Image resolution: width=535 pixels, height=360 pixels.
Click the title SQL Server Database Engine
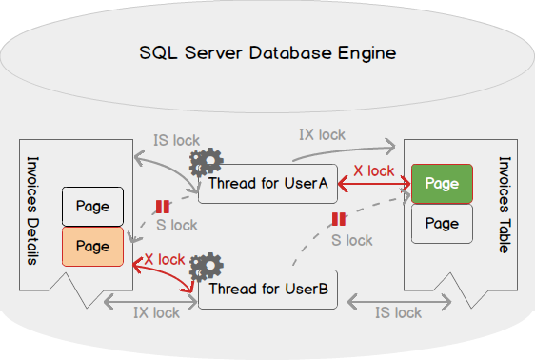267,53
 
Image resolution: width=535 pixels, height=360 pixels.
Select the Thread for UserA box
267,184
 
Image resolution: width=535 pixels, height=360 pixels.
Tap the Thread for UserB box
267,290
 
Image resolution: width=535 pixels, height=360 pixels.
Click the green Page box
442,184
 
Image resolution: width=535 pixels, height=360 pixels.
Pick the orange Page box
92,247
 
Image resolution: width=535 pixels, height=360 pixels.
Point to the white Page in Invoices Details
92,207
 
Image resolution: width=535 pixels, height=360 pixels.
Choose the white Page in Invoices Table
442,224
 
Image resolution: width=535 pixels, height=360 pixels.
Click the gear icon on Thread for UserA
207,162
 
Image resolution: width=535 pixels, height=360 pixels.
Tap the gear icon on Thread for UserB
207,268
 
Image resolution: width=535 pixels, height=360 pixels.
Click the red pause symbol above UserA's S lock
163,207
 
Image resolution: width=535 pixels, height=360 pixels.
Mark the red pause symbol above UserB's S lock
339,219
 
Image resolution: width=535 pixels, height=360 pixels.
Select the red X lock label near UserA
373,170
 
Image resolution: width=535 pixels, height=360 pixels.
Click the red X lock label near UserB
165,260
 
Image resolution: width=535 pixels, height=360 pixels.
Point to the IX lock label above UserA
322,135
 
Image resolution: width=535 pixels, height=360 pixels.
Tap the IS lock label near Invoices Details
176,141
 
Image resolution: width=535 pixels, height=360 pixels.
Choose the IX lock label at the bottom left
156,313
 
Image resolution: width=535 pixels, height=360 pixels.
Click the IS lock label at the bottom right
398,313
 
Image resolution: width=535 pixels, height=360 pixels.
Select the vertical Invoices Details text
32,210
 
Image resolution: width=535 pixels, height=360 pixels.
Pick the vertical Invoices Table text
505,205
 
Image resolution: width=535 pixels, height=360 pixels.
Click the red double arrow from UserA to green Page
374,184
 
